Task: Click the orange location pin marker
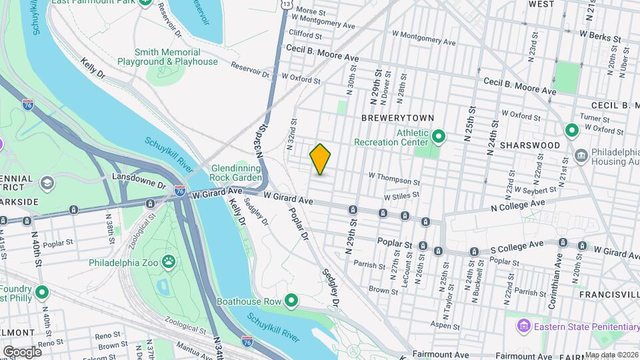[320, 159]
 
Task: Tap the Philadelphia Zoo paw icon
[169, 263]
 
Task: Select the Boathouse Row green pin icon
[291, 301]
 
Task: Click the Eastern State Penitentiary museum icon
[523, 326]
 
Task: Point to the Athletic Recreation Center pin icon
[438, 137]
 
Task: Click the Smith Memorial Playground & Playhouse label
[167, 57]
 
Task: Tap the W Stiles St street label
[401, 195]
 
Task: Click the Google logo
[22, 351]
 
